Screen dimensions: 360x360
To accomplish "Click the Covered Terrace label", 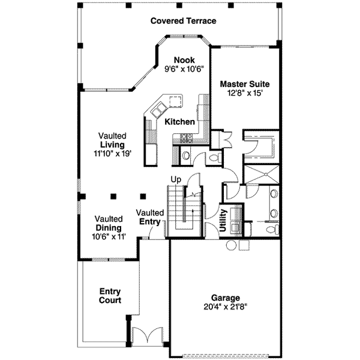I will click(x=183, y=21).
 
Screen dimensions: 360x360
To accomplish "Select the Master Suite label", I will click(x=244, y=84).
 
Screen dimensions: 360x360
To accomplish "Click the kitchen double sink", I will click(x=160, y=111).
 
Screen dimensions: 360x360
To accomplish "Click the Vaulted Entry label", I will click(x=150, y=217).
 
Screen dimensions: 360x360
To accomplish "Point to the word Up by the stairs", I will click(x=176, y=179).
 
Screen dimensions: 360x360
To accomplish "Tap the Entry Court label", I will click(x=110, y=296).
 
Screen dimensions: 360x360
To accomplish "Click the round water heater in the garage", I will click(x=231, y=245).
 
